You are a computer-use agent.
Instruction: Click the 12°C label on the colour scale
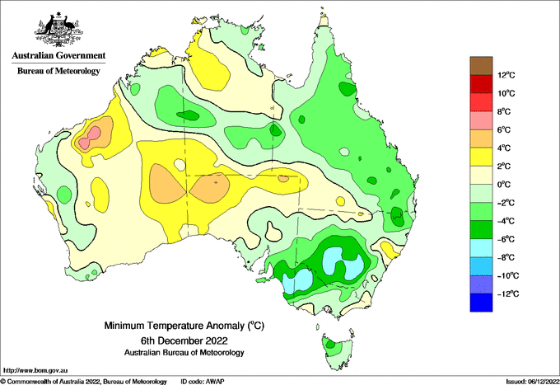point(506,75)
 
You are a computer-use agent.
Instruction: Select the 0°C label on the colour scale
point(504,185)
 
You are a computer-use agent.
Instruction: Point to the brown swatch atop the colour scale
point(481,66)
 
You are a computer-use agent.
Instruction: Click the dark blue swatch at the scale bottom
point(481,303)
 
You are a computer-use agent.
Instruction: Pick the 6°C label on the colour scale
point(504,129)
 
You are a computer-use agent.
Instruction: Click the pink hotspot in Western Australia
point(90,138)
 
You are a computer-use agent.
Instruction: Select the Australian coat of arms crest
point(58,30)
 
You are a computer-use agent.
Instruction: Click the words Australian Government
point(58,55)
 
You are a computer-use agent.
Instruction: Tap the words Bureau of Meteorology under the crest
point(58,71)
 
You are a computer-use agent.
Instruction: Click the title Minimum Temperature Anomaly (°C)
point(184,326)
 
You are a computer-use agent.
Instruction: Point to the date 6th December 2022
point(184,340)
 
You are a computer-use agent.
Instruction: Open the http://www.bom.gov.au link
point(35,370)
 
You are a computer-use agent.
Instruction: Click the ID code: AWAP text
point(203,382)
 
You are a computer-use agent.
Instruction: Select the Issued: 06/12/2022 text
point(533,382)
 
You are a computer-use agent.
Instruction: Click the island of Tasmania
point(338,351)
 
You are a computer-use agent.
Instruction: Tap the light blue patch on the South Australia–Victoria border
point(297,280)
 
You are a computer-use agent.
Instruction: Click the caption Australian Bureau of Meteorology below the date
point(184,353)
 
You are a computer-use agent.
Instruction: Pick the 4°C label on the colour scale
point(504,148)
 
